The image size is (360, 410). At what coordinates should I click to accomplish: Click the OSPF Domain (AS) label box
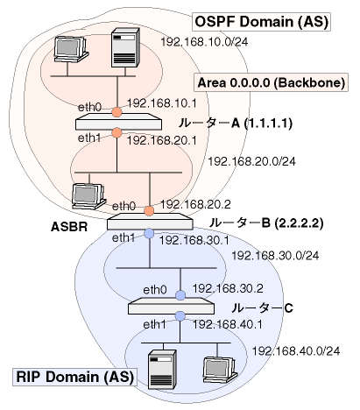coord(261,22)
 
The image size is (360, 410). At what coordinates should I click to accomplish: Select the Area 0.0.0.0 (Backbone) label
coord(272,82)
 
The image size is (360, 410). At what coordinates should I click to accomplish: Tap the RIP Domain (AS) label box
coord(74,377)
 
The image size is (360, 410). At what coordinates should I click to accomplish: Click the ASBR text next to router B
coord(69,227)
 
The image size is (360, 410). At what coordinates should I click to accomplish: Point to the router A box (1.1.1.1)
coord(118,123)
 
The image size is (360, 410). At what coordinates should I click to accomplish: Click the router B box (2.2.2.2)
coord(150,222)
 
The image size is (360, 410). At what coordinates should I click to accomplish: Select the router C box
coord(171,306)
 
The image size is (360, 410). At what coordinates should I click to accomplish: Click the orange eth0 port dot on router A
coord(116,112)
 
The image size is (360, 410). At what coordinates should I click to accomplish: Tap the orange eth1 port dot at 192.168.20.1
coord(116,133)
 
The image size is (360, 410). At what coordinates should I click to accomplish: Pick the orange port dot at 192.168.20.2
coord(149,211)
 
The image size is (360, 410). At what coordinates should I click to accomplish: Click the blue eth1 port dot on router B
coord(149,233)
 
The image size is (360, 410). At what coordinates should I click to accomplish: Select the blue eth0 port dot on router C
coord(180,295)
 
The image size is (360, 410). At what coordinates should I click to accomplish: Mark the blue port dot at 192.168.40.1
coord(180,316)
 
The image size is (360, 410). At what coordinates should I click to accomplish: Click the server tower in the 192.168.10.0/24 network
coord(125,47)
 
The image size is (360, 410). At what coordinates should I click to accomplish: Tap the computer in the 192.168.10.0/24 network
coord(71,49)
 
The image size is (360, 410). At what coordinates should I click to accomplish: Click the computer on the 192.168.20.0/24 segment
coord(88,196)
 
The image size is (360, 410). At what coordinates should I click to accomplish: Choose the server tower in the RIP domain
coord(162,370)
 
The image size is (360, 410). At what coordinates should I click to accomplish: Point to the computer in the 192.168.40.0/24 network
coord(220,370)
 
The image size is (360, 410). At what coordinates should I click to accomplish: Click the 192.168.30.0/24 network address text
coord(275,256)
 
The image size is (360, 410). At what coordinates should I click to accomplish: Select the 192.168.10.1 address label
coord(162,103)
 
